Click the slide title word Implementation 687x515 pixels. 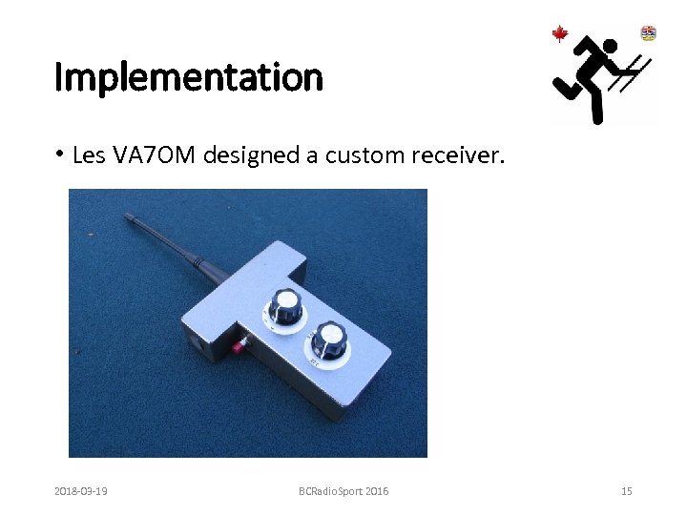click(189, 77)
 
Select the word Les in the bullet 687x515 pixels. click(88, 154)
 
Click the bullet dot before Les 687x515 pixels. click(59, 154)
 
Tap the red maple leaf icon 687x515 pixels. click(560, 34)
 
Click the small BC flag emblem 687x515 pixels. click(649, 32)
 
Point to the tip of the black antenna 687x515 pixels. click(129, 218)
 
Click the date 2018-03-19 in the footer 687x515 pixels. click(80, 491)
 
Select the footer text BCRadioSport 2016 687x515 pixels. click(343, 491)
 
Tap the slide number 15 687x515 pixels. click(626, 491)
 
